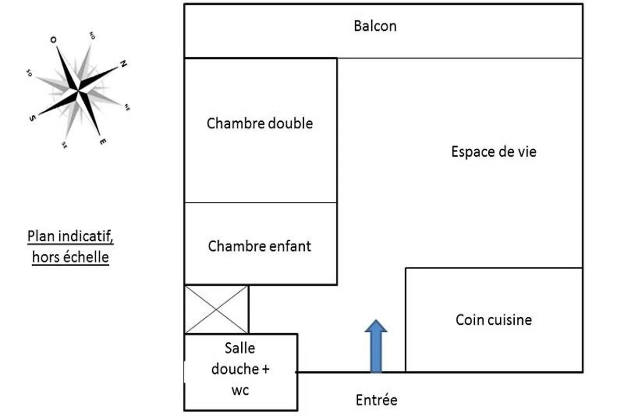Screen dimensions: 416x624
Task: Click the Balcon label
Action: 375,26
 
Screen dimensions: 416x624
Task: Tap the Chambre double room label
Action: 259,124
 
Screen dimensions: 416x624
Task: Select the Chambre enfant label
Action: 259,245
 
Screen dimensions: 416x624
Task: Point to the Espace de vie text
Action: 493,152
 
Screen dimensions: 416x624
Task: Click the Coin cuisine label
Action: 493,319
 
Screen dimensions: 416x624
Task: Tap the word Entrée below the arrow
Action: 376,400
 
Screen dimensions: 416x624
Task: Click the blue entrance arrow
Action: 375,346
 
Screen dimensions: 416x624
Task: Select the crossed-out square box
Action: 216,309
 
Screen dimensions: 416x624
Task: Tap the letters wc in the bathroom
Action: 240,390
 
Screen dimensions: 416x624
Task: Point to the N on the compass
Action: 123,64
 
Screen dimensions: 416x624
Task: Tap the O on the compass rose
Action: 53,40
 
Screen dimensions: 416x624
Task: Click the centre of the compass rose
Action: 78,91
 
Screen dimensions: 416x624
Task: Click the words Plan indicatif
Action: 70,237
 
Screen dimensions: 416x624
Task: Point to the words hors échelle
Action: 70,257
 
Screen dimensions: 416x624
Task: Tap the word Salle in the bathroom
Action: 240,347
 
